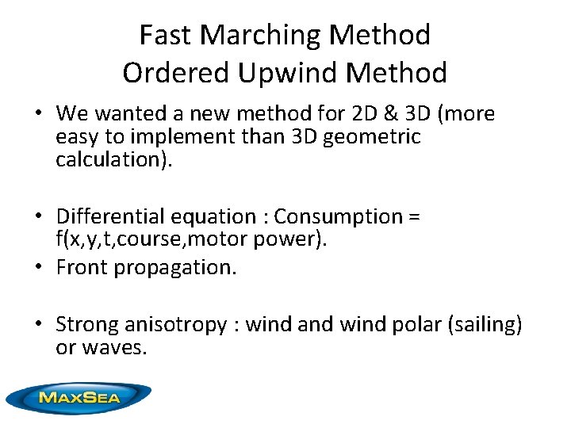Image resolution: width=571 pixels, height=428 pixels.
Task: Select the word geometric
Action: click(377, 137)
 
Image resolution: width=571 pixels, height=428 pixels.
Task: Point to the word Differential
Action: click(110, 216)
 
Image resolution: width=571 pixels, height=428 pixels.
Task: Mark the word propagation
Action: click(174, 268)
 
